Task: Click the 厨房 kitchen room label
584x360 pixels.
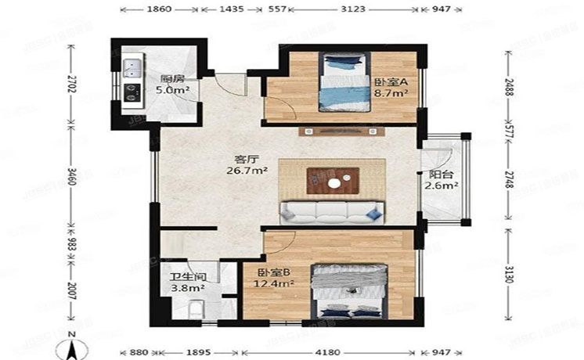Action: pyautogui.click(x=172, y=78)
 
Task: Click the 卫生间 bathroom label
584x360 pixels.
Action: pyautogui.click(x=188, y=276)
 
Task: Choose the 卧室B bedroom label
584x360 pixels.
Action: pyautogui.click(x=275, y=272)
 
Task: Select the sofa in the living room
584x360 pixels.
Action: pyautogui.click(x=333, y=211)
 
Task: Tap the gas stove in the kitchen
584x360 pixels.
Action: pyautogui.click(x=130, y=92)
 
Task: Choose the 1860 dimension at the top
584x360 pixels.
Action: pyautogui.click(x=159, y=9)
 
